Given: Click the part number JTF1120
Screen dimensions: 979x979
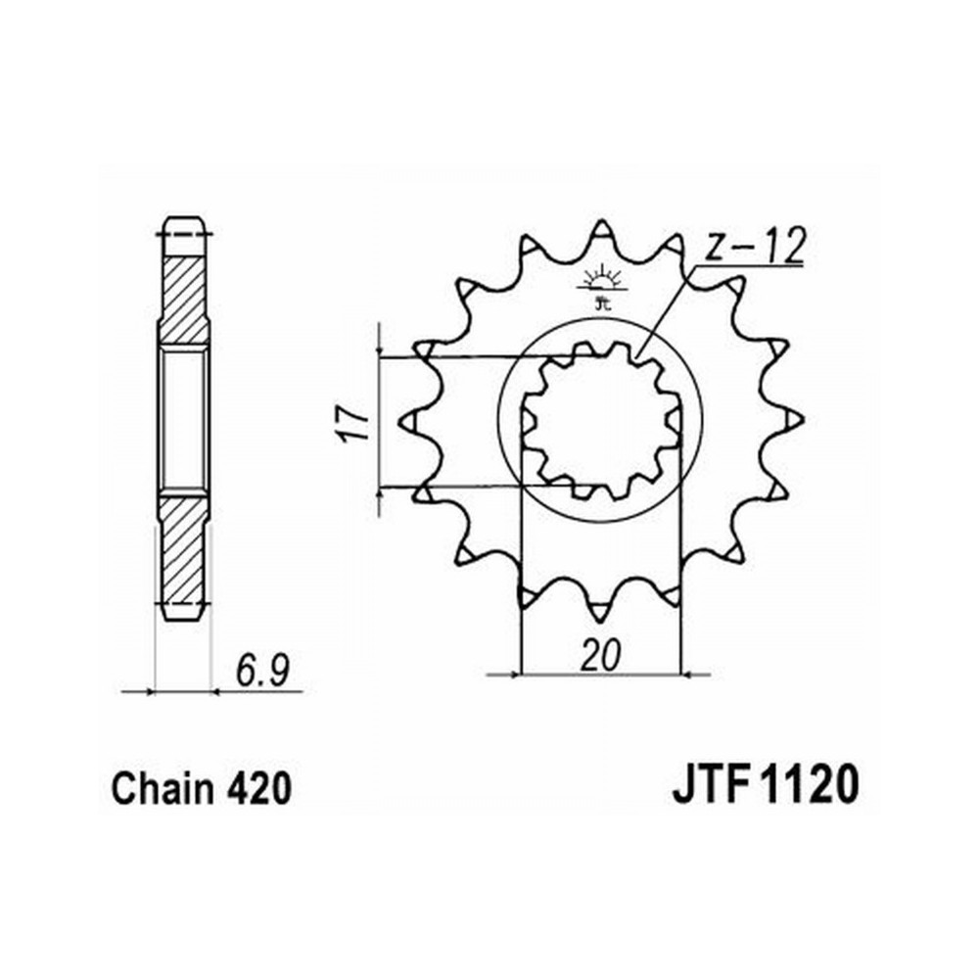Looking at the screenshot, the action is tap(766, 784).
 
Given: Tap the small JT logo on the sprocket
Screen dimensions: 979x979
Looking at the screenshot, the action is tap(601, 289).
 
